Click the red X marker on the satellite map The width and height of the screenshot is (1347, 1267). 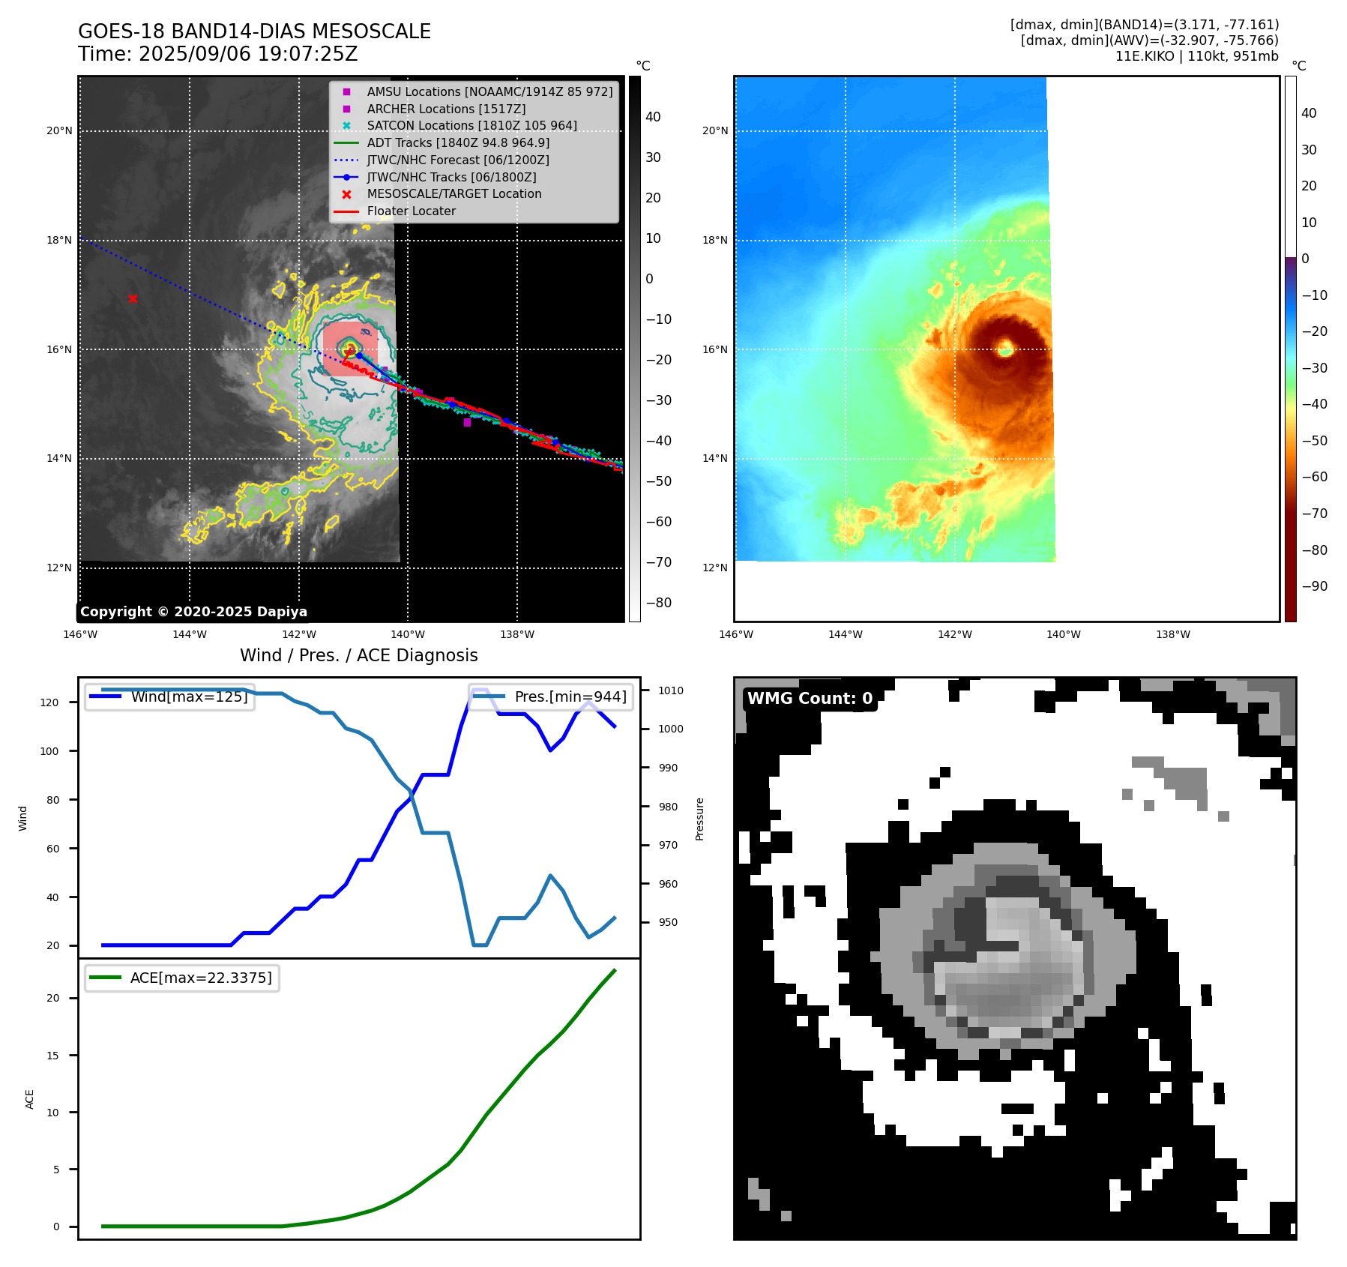133,298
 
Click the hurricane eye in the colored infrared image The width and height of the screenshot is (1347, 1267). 1005,348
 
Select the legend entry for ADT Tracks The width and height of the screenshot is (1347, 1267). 458,142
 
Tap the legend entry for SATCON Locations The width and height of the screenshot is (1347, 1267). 471,125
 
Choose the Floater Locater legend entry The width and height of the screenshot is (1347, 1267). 411,211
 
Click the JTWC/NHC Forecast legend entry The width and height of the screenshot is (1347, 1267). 457,160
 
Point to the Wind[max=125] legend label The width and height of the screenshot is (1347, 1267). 189,696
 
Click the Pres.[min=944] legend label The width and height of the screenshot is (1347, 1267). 570,696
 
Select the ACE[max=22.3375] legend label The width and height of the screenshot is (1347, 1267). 201,978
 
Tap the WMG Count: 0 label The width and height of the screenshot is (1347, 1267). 810,698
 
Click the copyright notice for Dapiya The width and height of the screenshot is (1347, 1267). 193,612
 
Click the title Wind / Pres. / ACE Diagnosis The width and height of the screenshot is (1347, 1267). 358,655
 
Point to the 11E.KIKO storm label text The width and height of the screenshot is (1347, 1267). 1144,56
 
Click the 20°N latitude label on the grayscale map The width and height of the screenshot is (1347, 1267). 60,130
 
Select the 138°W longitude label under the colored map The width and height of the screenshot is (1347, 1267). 1172,634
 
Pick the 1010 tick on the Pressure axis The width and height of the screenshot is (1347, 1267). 671,690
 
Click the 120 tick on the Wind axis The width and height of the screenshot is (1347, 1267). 49,702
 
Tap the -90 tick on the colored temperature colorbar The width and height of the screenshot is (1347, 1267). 1314,586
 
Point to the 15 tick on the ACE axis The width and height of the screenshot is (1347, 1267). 52,1055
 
